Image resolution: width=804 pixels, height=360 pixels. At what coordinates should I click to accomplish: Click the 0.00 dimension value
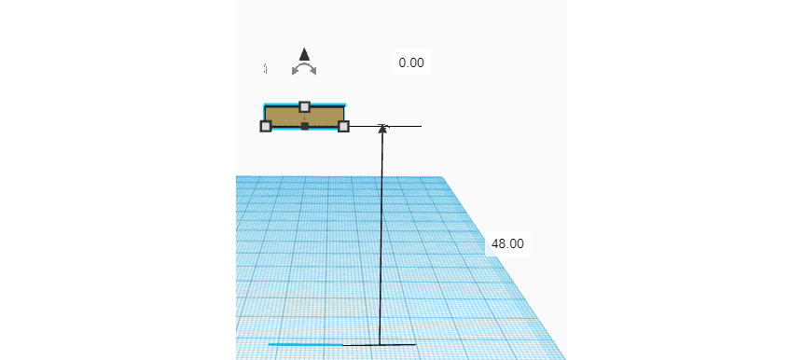coord(411,62)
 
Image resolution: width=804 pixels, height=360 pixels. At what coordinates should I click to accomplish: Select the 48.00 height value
coord(507,243)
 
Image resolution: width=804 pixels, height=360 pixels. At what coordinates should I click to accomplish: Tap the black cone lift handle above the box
coord(304,54)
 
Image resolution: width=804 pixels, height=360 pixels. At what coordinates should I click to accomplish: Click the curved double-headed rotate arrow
coord(304,70)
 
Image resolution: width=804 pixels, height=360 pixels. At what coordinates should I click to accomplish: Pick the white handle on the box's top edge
coord(304,106)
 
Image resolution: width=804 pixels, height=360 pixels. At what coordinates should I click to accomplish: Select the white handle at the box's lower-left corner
coord(266,126)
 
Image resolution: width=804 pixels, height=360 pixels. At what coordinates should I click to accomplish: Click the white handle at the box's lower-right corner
coord(343,126)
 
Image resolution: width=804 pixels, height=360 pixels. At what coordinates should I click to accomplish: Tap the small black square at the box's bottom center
coord(305,126)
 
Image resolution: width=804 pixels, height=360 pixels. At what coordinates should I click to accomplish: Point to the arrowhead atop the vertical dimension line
coord(382,128)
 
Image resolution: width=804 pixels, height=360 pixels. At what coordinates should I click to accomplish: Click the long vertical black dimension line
coord(381,233)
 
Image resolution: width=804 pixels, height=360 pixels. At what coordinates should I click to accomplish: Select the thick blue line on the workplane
coord(305,344)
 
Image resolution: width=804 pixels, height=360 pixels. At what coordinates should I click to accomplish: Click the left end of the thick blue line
coord(270,344)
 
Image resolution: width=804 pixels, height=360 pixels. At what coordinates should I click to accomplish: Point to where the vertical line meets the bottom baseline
coord(380,344)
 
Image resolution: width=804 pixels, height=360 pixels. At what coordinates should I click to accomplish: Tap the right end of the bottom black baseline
coord(415,344)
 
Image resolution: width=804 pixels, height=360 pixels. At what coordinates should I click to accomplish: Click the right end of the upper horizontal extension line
coord(421,126)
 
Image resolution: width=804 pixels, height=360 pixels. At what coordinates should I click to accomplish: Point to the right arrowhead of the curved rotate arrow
coord(313,71)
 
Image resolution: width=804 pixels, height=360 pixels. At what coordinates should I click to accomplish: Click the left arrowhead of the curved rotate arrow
coord(295,71)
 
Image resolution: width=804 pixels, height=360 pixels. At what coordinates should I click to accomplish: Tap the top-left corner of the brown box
coord(266,106)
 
